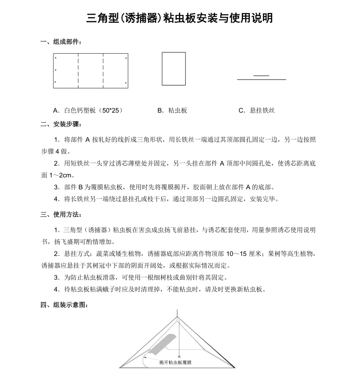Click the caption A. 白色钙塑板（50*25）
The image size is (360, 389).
(x=88, y=111)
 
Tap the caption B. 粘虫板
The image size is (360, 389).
(x=172, y=111)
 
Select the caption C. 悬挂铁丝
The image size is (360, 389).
(x=256, y=111)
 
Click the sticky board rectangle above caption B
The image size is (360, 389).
(x=174, y=69)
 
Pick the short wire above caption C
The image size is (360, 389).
(x=262, y=76)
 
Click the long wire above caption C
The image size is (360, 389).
(x=262, y=80)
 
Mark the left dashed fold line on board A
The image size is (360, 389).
(x=78, y=71)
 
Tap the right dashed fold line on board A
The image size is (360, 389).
(x=103, y=71)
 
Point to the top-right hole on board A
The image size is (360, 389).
(x=126, y=58)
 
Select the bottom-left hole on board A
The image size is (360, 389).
(x=55, y=82)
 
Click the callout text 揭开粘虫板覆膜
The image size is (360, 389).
(x=175, y=363)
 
